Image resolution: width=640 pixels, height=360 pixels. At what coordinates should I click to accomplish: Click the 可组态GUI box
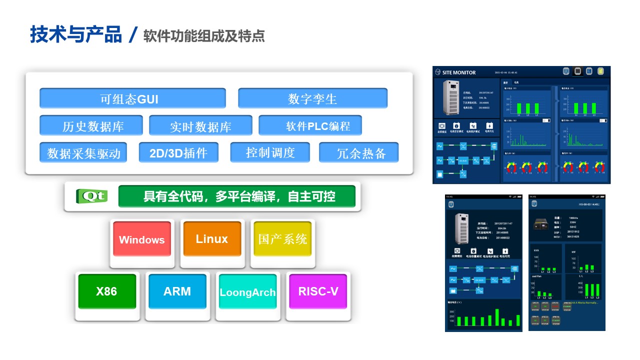click(x=132, y=98)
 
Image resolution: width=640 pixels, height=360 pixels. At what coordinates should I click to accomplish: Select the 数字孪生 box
click(x=312, y=98)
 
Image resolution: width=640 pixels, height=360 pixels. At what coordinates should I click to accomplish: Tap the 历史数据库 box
click(x=91, y=125)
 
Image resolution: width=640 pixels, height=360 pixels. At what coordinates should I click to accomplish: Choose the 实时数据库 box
click(x=200, y=126)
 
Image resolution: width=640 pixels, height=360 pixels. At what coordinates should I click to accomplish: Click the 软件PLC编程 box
click(x=310, y=125)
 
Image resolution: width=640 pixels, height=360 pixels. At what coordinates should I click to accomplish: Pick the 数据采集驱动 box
click(x=83, y=153)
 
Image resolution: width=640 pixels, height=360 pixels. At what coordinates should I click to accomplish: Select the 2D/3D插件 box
click(x=178, y=152)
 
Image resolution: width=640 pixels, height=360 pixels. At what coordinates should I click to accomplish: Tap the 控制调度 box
click(x=270, y=152)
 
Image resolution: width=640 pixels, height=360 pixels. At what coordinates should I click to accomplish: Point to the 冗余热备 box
click(x=358, y=153)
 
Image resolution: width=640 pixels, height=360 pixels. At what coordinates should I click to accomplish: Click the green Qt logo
click(x=91, y=196)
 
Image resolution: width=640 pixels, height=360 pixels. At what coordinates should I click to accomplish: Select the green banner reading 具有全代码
click(x=236, y=196)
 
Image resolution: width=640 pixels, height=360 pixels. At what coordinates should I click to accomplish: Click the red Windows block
click(x=142, y=239)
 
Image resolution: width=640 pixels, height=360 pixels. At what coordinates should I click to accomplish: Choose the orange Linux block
click(x=212, y=239)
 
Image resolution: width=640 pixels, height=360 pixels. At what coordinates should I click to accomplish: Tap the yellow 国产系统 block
click(x=282, y=239)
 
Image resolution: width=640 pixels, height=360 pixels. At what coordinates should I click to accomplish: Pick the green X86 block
click(x=107, y=291)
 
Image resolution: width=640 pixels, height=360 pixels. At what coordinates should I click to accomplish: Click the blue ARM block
click(x=177, y=291)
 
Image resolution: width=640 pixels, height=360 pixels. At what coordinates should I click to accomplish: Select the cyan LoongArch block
click(x=247, y=292)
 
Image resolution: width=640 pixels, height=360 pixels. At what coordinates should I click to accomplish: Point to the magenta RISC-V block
click(x=318, y=291)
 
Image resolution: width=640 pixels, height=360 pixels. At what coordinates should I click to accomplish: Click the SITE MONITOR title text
click(x=459, y=72)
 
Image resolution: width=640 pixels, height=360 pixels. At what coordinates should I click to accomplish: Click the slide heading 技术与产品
click(x=75, y=35)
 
